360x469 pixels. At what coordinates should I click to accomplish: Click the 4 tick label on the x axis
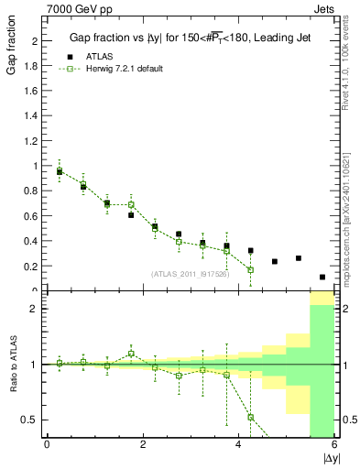point(239,445)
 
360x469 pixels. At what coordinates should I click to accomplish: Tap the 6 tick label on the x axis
point(334,445)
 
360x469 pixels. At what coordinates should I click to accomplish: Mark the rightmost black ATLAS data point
point(322,277)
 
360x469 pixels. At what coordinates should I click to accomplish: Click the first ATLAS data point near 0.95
point(60,171)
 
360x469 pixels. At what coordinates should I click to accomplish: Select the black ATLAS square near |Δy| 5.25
point(299,258)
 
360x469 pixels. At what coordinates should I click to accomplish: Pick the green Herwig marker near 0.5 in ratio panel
point(250,417)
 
